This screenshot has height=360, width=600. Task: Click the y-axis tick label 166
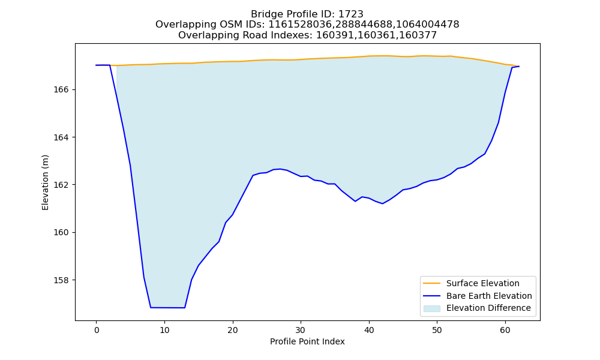(61, 89)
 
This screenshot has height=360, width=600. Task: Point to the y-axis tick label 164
(61, 137)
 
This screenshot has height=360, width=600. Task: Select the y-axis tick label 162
(61, 185)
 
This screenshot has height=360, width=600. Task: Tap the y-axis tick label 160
(61, 233)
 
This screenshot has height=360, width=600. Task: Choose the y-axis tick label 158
(61, 280)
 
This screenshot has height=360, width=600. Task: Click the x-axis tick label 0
(97, 330)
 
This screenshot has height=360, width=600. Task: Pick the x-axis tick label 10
(164, 330)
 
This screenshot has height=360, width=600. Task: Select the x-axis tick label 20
(233, 330)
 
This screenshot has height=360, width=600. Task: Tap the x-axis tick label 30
(301, 330)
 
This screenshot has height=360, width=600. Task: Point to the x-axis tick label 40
(369, 330)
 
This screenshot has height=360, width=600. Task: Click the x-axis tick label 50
(437, 330)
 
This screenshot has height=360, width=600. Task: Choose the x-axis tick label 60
(505, 330)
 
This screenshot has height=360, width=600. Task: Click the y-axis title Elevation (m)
(45, 182)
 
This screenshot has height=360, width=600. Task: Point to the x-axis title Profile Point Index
(307, 341)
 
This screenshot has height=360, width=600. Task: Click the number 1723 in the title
(351, 14)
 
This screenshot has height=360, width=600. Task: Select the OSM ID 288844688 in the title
(364, 25)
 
